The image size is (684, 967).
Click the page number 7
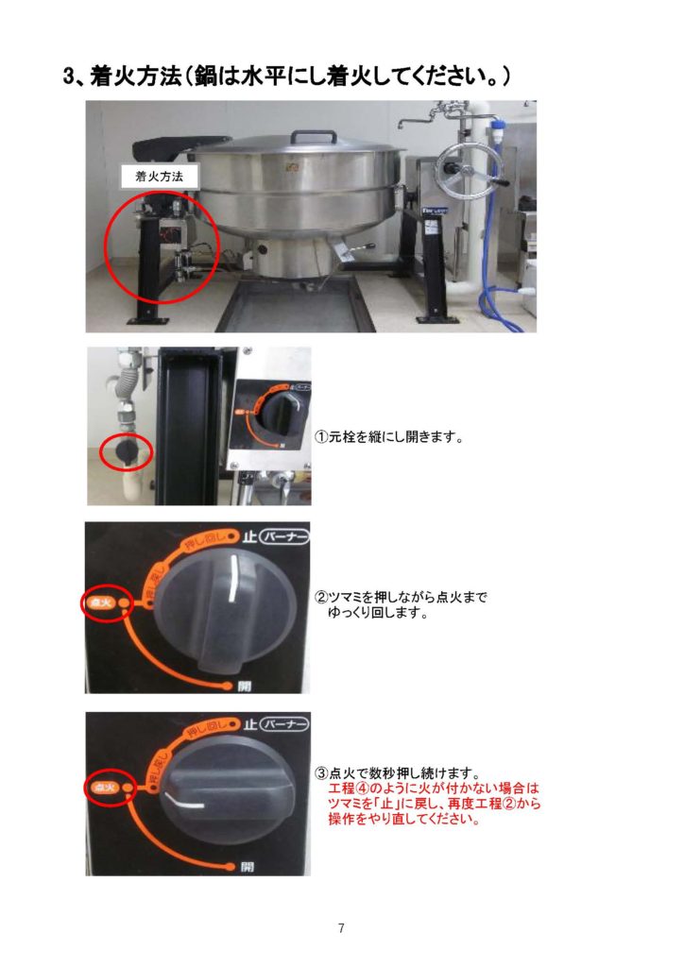341,927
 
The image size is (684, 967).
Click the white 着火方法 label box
160,177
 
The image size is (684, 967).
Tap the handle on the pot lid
315,136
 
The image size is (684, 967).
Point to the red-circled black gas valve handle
126,452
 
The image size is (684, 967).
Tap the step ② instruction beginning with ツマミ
401,605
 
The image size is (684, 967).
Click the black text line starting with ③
398,772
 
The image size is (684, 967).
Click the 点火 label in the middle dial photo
102,602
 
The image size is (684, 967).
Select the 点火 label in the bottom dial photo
104,788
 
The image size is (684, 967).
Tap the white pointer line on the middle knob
231,579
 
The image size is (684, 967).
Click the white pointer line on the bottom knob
184,800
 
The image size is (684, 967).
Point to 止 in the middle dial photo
249,537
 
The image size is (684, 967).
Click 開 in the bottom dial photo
246,867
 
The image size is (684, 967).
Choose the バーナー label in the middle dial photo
284,537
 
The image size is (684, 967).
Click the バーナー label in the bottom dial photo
283,723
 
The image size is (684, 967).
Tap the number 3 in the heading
69,76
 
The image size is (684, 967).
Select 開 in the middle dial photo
245,686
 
